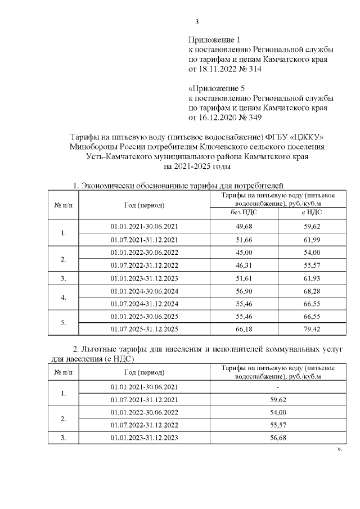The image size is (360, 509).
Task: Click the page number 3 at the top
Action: coord(197,22)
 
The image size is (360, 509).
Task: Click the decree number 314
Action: coord(254,69)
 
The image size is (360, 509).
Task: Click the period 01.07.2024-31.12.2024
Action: coord(145,304)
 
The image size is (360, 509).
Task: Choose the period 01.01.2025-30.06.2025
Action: coord(145,317)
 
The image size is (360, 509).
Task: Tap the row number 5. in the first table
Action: coord(64,323)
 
